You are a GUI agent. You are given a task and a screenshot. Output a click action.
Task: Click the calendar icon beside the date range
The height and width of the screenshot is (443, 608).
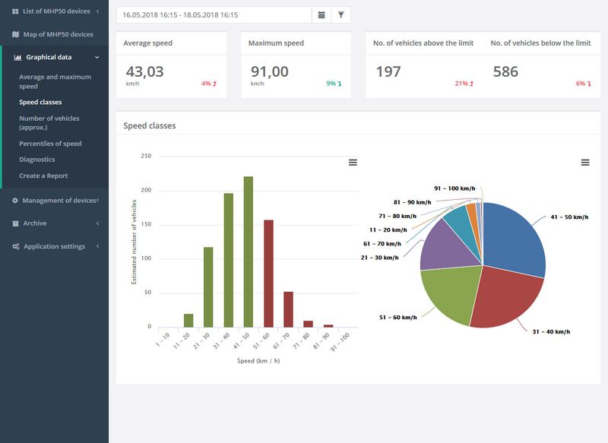[x=321, y=14]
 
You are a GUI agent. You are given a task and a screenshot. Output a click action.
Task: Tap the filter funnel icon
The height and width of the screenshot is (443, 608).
[x=340, y=14]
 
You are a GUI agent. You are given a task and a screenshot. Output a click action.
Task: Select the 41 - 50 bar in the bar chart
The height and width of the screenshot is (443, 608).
[x=249, y=252]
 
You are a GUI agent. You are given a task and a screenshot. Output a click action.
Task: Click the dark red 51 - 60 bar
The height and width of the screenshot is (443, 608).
[x=268, y=274]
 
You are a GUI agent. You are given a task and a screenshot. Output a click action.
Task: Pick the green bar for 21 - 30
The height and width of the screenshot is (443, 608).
[x=208, y=287]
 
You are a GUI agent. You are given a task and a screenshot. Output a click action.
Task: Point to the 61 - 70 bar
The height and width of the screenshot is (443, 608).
[x=289, y=309]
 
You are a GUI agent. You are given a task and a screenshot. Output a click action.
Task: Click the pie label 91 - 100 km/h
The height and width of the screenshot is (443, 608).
[x=454, y=188]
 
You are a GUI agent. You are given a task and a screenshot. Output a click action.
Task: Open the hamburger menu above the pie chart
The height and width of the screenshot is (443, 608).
[x=585, y=163]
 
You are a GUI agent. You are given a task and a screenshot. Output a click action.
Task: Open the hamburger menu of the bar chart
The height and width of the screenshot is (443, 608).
[x=353, y=163]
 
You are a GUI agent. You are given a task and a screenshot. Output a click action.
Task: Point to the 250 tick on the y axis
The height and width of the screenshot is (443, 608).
[x=146, y=156]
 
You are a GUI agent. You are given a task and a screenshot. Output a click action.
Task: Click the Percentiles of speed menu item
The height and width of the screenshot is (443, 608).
[x=50, y=144]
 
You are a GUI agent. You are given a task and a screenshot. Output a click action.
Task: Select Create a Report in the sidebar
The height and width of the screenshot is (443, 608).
[x=43, y=176]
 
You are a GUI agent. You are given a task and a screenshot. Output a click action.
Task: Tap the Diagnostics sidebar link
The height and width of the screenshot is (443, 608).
[x=36, y=160]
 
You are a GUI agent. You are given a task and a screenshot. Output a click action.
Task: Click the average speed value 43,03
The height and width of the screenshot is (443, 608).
[x=144, y=71]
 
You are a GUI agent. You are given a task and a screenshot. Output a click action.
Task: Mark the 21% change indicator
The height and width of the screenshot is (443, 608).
[x=464, y=84]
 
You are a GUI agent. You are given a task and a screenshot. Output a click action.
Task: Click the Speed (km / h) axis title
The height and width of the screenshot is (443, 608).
[x=258, y=361]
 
